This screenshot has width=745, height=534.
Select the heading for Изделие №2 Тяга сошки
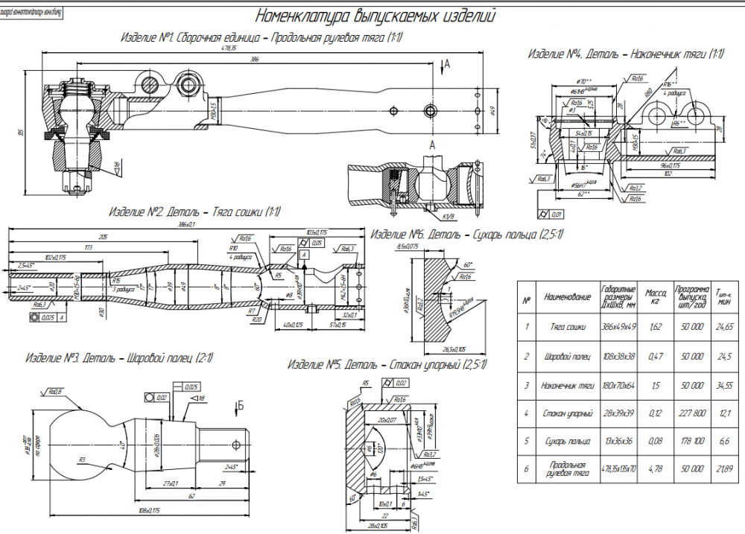(194, 212)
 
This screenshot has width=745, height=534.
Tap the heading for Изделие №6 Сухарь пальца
(466, 235)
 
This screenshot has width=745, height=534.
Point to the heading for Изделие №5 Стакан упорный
(387, 365)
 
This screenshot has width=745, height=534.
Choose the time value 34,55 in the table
(724, 384)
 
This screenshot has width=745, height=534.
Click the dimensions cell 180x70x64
(618, 384)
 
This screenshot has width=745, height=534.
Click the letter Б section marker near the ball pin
(240, 406)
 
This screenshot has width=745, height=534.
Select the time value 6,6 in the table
(724, 441)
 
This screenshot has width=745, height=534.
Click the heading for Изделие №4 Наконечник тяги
(626, 54)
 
